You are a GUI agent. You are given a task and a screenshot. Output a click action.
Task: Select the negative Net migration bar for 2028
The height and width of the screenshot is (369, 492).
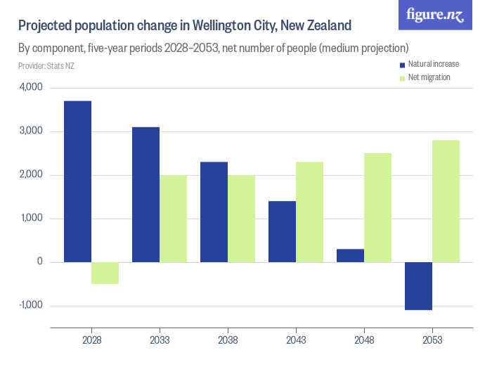click(x=105, y=273)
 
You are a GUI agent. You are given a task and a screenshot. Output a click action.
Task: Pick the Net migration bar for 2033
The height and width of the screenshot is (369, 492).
click(x=173, y=219)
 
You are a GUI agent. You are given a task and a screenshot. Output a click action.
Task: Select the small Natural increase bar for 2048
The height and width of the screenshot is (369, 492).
click(x=350, y=256)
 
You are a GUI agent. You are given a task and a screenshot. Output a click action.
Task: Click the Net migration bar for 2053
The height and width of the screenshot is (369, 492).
click(x=446, y=201)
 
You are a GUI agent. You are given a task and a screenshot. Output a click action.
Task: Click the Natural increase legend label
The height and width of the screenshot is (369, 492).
click(x=434, y=64)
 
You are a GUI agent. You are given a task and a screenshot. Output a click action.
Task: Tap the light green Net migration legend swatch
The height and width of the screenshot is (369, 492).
click(x=402, y=77)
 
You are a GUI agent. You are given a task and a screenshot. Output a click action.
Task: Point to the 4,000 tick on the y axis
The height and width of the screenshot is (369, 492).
click(x=32, y=88)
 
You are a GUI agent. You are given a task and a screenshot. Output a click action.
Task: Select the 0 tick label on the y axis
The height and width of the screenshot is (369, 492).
click(x=40, y=262)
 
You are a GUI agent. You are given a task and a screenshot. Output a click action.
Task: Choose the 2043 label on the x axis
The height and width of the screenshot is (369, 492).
click(x=296, y=339)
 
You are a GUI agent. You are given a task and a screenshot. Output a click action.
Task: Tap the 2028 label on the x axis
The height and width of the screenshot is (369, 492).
click(x=91, y=339)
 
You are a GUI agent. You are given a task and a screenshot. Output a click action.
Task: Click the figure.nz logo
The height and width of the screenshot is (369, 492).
click(x=435, y=15)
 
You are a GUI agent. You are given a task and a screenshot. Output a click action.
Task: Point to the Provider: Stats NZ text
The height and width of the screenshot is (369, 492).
click(x=46, y=66)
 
